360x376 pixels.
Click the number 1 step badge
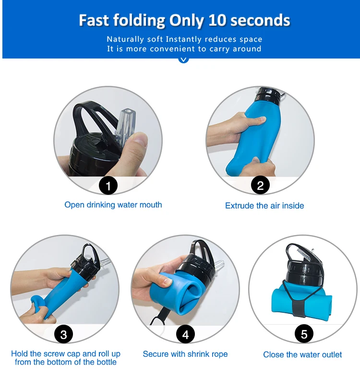click(108, 186)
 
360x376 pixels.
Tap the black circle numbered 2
click(260, 185)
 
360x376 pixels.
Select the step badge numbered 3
click(63, 334)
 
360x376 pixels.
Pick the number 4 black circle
click(185, 334)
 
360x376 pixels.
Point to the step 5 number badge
click(304, 334)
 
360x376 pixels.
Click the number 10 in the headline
click(217, 20)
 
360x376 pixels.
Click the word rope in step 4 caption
click(219, 354)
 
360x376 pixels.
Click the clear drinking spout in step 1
click(126, 126)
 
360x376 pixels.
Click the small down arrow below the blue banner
click(183, 59)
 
